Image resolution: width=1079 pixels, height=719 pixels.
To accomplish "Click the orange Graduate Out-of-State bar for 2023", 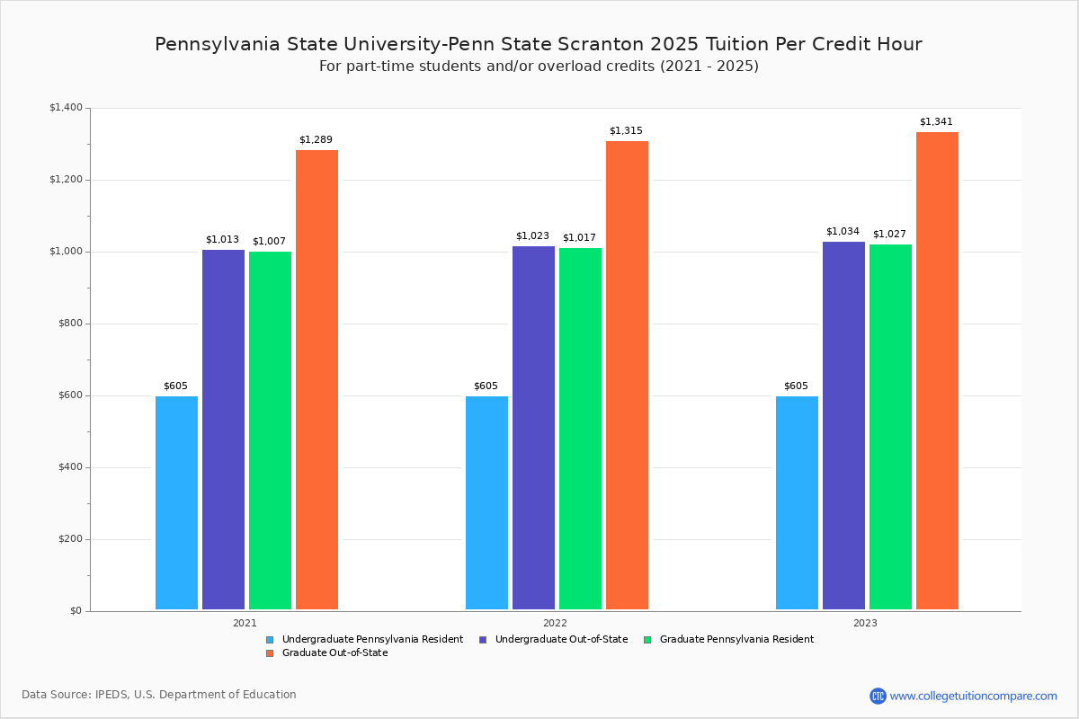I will (x=937, y=371).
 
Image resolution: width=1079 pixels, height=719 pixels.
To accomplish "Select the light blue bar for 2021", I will (x=176, y=503).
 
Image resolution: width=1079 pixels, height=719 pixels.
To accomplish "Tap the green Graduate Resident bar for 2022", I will (x=580, y=429).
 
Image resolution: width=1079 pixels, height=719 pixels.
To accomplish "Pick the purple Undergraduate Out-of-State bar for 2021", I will (x=223, y=430).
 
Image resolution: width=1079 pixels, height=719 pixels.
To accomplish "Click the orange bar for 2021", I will (x=317, y=380).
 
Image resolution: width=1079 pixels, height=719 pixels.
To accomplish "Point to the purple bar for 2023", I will (x=843, y=426).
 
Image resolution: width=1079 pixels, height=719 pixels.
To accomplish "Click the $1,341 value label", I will (x=936, y=122).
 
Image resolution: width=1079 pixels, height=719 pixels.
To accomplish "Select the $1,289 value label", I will (x=316, y=140).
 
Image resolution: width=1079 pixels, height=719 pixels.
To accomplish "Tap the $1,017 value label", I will (x=580, y=238).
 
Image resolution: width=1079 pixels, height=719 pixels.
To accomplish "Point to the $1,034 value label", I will (x=843, y=232).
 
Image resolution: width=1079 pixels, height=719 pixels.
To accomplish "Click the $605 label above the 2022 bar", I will (x=486, y=386).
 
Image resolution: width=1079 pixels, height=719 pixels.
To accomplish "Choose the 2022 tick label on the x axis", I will (x=555, y=623).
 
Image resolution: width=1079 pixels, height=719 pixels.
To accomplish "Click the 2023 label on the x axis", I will (x=865, y=623).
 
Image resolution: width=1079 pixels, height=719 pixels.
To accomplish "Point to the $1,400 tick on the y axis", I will (x=66, y=108).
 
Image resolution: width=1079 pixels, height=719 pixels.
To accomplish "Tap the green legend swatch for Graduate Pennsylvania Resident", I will (x=647, y=640).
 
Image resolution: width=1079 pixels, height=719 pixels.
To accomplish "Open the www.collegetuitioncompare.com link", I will (x=973, y=696).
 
